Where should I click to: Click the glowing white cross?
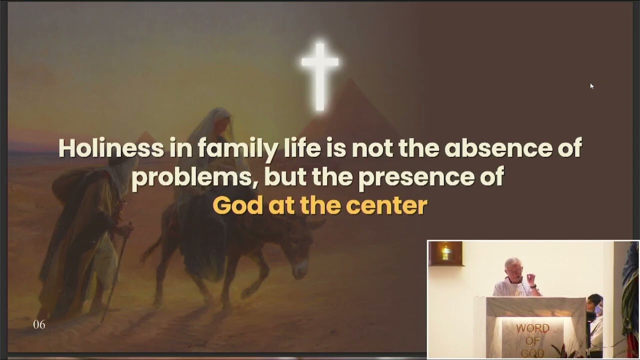(x=320, y=75)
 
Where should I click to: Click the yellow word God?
(x=237, y=205)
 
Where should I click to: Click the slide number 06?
(x=39, y=325)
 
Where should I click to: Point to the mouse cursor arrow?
(x=591, y=86)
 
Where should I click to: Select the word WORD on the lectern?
(x=532, y=328)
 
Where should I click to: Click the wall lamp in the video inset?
(x=445, y=253)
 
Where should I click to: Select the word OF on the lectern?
(x=532, y=341)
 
